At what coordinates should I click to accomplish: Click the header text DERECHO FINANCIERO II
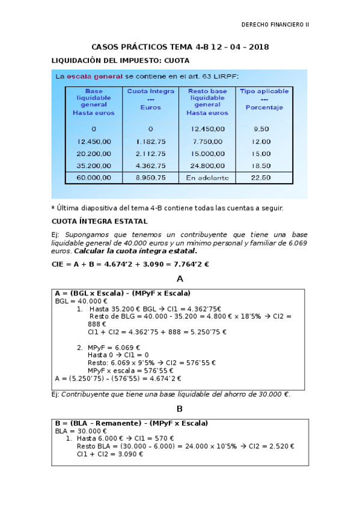coord(274,25)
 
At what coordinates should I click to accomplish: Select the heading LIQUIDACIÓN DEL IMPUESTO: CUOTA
coord(120,61)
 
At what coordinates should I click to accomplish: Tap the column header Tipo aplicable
coord(264,92)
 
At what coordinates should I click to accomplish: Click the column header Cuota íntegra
coord(151,92)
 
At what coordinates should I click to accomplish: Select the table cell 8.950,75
coord(150,178)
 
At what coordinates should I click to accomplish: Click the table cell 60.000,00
coord(94,178)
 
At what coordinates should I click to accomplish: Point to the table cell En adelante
coord(207,178)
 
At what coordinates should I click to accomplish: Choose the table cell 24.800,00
coord(207,165)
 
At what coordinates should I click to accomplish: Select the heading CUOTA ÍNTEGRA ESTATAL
coord(99,221)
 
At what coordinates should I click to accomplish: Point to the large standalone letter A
coord(179,279)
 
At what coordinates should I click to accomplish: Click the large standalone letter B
coord(179,409)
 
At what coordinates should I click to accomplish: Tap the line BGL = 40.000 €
coord(81,301)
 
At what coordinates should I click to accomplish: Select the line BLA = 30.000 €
coord(81,431)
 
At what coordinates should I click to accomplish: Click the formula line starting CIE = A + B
coord(130,265)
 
